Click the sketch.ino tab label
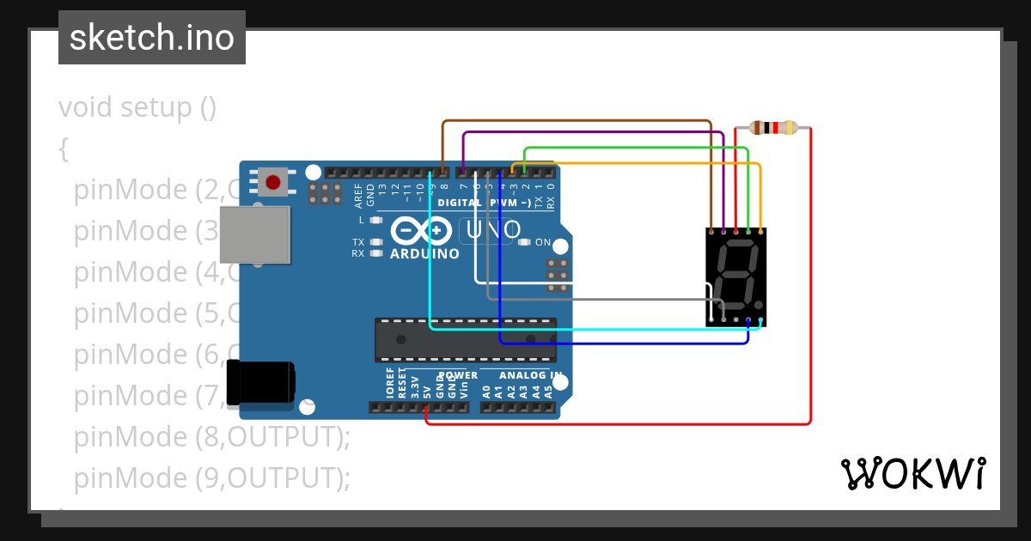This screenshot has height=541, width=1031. click(x=152, y=38)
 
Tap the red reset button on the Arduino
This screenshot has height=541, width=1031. click(x=273, y=182)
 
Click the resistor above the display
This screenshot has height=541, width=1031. click(x=773, y=128)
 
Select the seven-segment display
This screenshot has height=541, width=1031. click(x=735, y=277)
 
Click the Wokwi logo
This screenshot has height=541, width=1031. click(x=912, y=473)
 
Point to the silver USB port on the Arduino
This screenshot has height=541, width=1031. click(x=254, y=234)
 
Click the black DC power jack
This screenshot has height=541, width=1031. click(x=259, y=383)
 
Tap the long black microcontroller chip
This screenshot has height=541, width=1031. click(x=465, y=338)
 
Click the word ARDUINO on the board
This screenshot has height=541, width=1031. click(x=424, y=254)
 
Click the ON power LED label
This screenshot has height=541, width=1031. click(x=543, y=242)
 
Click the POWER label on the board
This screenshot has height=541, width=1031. click(x=458, y=376)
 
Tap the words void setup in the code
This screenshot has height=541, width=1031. click(x=137, y=107)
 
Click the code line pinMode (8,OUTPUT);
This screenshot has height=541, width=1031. click(x=212, y=436)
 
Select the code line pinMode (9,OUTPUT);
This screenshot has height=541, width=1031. click(x=212, y=477)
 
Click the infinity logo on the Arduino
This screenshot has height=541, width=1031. click(x=422, y=230)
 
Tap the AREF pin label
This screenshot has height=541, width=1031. click(x=359, y=197)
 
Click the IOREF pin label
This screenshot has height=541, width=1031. click(x=390, y=383)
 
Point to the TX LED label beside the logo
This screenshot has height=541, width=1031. click(x=357, y=242)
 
